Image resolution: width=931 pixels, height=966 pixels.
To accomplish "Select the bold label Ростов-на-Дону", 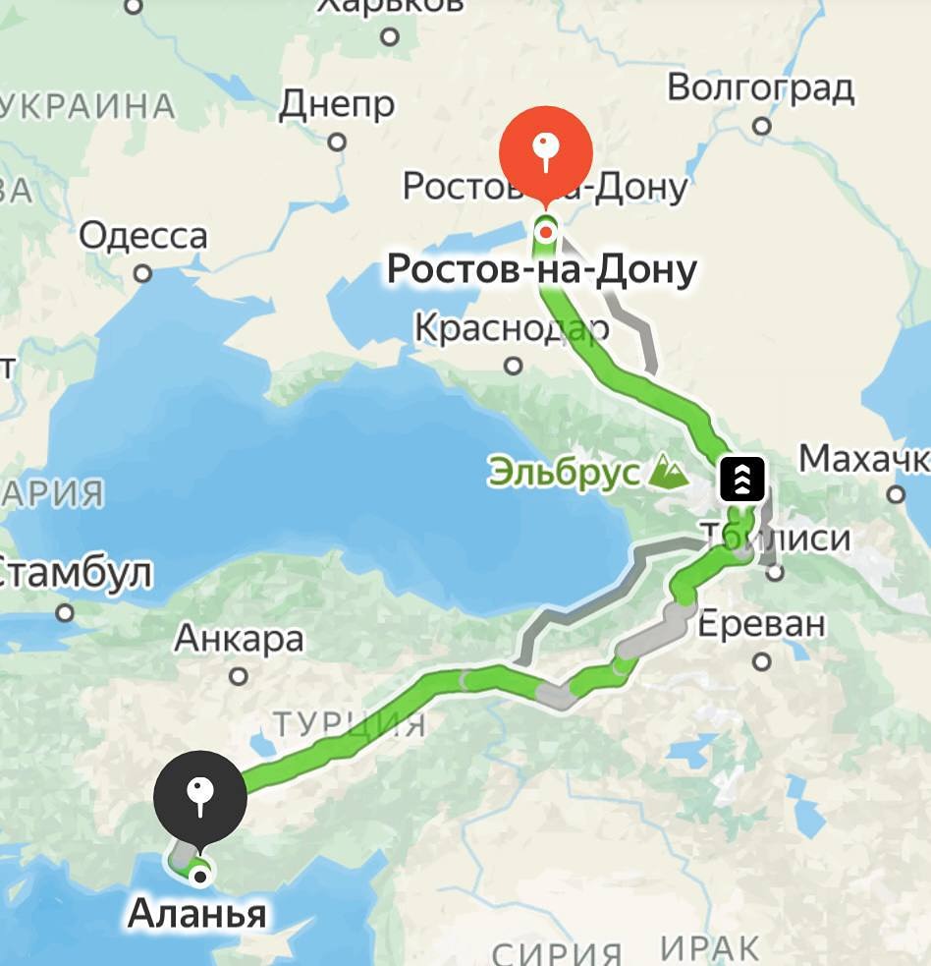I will tap(541, 268).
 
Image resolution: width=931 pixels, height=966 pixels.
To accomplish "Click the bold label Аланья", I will tap(196, 914).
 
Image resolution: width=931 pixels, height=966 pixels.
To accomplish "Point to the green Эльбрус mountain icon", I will tap(669, 473).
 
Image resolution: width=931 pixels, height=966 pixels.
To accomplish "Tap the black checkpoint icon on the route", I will tap(742, 479).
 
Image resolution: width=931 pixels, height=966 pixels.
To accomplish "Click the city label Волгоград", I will tap(760, 88).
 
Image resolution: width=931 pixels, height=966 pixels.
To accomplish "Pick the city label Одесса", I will tap(143, 237).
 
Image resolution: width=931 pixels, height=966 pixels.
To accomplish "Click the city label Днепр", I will tap(337, 104).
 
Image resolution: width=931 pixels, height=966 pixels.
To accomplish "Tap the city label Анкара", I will tap(239, 640).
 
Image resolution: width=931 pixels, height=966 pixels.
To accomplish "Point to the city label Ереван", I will tap(761, 624).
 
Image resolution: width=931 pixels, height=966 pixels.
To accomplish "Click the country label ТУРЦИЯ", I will tap(350, 725).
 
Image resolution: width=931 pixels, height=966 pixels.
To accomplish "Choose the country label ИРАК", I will tap(709, 949).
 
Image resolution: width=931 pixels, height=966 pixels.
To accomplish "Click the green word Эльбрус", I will tap(564, 473).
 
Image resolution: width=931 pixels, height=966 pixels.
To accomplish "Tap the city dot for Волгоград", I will tap(762, 126).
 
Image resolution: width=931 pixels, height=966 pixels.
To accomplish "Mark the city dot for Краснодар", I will tap(513, 366).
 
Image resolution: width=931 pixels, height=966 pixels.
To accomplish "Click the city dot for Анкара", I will tap(239, 676).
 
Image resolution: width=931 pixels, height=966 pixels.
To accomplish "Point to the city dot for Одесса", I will tap(143, 273).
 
